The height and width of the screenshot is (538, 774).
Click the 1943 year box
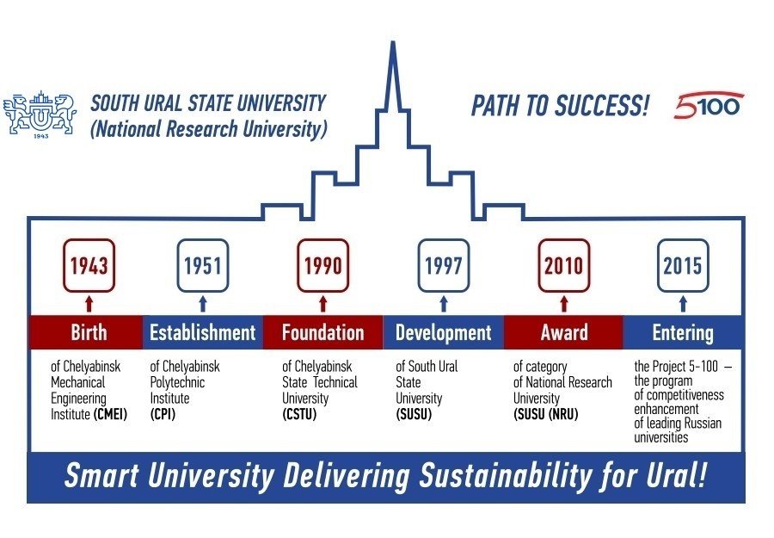tap(89, 266)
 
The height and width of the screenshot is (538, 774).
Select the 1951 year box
tap(203, 266)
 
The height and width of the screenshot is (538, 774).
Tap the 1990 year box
tap(323, 266)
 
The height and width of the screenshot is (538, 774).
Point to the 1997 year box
tap(443, 266)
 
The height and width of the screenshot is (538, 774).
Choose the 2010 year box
tap(563, 266)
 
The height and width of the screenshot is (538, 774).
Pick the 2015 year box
tap(683, 266)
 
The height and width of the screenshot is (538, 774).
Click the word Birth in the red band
tap(89, 332)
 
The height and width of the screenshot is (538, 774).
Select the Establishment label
tap(203, 332)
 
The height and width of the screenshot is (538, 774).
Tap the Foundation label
tap(323, 332)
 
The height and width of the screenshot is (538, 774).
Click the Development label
tap(443, 333)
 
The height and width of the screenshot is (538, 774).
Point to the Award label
tap(563, 332)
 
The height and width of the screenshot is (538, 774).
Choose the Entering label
tap(683, 333)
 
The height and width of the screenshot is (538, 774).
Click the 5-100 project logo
tap(709, 105)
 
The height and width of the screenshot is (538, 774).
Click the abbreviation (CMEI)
tap(110, 414)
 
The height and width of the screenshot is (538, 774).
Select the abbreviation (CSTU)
tap(299, 414)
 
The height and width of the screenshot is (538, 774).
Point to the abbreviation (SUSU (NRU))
tap(545, 414)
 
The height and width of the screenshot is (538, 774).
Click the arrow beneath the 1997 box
tap(443, 303)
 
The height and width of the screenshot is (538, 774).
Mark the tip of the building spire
tap(393, 41)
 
